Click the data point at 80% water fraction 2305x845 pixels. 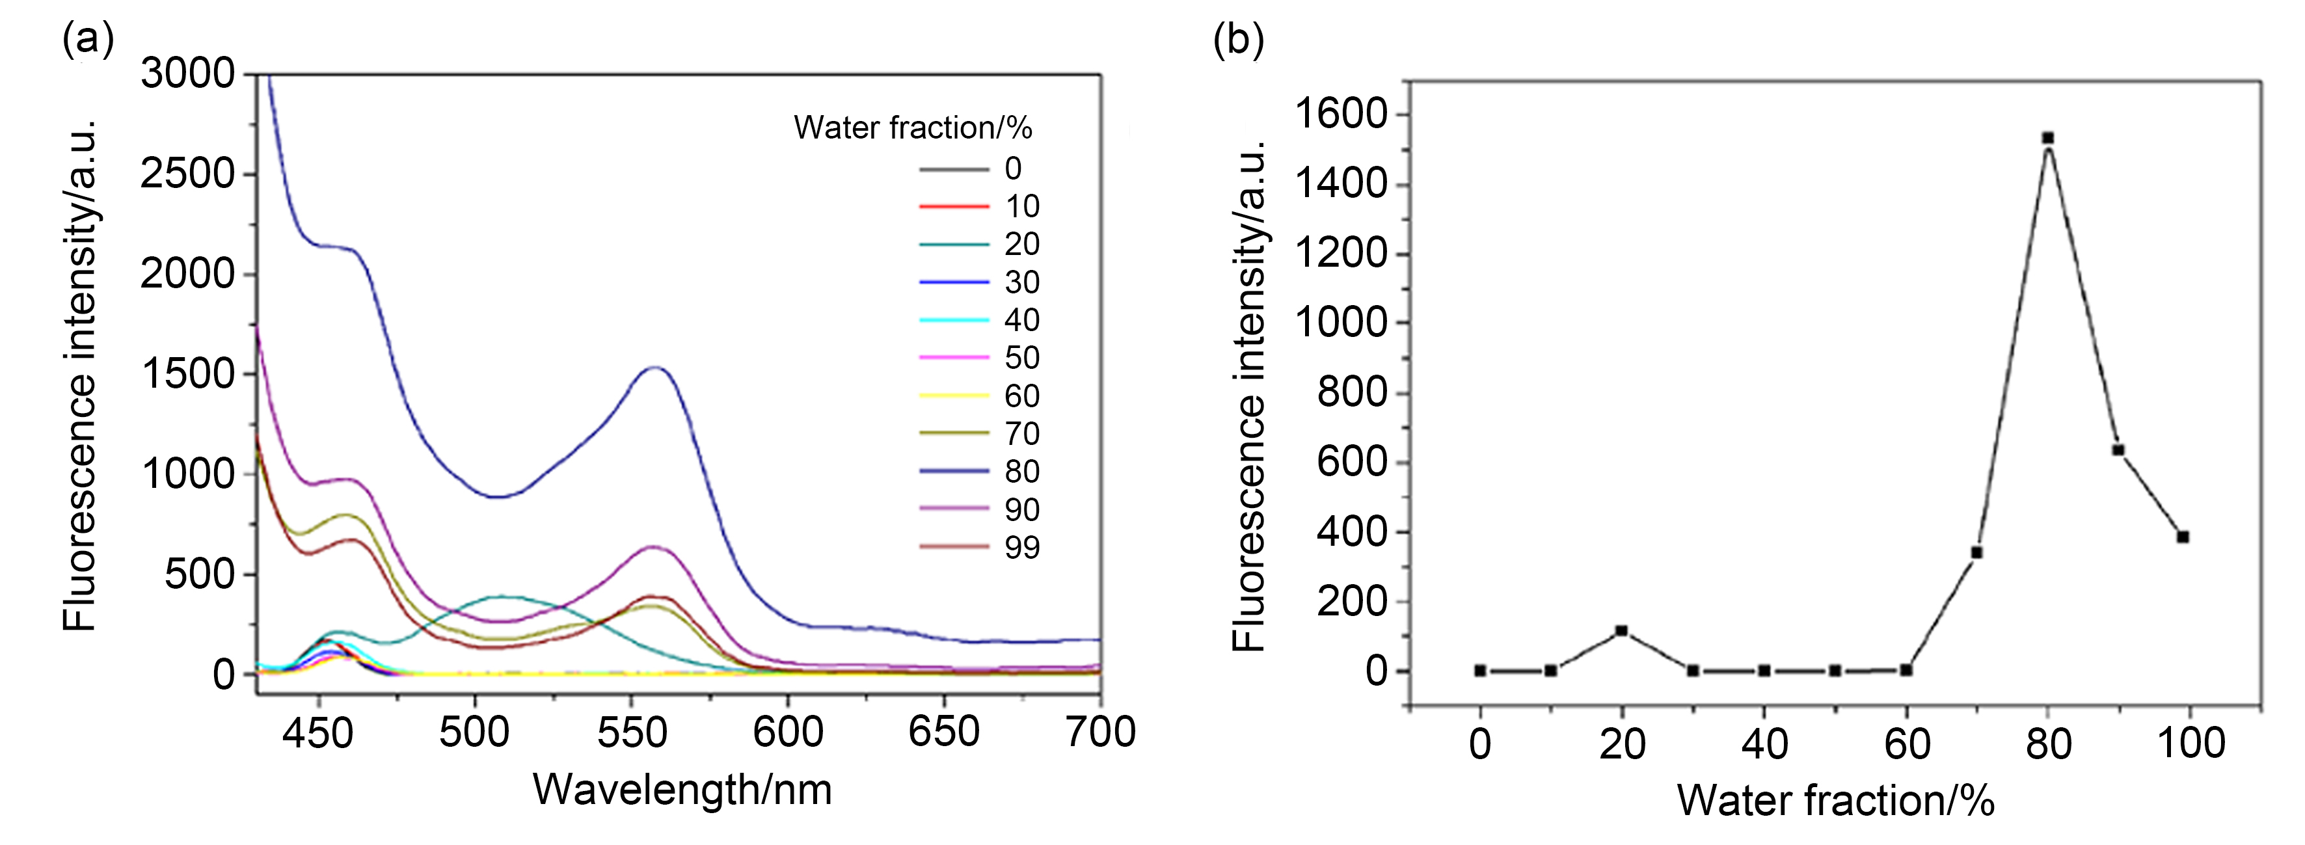(x=2047, y=138)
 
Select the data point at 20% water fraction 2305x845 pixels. (x=1621, y=631)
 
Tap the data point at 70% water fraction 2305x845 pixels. (x=1976, y=552)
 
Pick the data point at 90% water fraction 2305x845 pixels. (x=2118, y=450)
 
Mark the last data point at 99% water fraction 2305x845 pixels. (x=2183, y=537)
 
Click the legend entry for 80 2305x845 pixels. (x=980, y=472)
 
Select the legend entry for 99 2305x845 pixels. (x=980, y=547)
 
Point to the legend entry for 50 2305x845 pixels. (x=980, y=358)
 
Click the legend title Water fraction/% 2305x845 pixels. (x=913, y=128)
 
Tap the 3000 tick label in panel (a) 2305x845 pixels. (x=188, y=74)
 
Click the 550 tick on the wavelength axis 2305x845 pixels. (x=632, y=732)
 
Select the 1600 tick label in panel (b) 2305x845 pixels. (x=1340, y=114)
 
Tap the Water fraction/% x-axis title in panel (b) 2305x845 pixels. (x=1835, y=800)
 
